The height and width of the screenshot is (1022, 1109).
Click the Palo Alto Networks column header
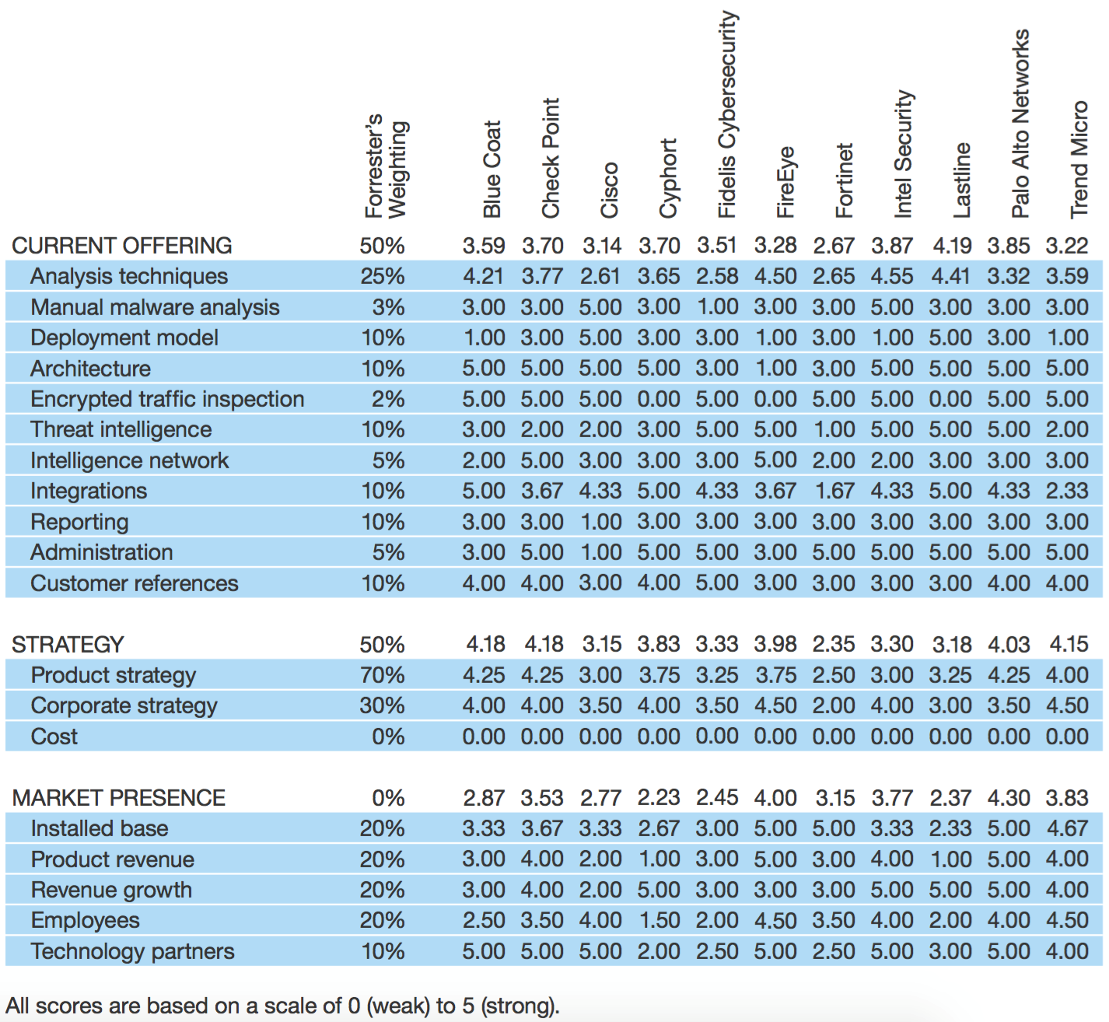click(1020, 124)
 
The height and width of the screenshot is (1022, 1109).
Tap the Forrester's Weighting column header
click(386, 166)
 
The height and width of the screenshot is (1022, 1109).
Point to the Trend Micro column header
click(1079, 159)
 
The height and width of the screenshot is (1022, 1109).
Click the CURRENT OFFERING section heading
click(121, 246)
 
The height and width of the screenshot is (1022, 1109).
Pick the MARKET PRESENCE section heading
click(118, 797)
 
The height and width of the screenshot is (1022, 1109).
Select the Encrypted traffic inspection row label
click(167, 399)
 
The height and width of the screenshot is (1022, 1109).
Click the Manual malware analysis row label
click(155, 307)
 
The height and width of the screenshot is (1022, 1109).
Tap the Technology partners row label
click(133, 950)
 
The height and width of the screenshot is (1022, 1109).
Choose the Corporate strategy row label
click(124, 705)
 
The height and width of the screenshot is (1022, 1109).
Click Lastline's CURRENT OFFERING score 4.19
click(952, 246)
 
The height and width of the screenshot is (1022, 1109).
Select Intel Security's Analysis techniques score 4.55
click(892, 276)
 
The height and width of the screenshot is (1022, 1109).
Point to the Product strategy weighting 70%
click(382, 675)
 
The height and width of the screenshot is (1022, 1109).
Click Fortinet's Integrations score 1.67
click(834, 491)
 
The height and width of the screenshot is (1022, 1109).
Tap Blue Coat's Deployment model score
click(485, 338)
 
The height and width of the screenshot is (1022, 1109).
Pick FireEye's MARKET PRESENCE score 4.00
click(775, 797)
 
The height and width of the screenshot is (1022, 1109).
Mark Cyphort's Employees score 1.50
click(659, 919)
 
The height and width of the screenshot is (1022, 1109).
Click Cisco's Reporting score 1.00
click(601, 522)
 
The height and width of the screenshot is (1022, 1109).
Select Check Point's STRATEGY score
click(544, 644)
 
